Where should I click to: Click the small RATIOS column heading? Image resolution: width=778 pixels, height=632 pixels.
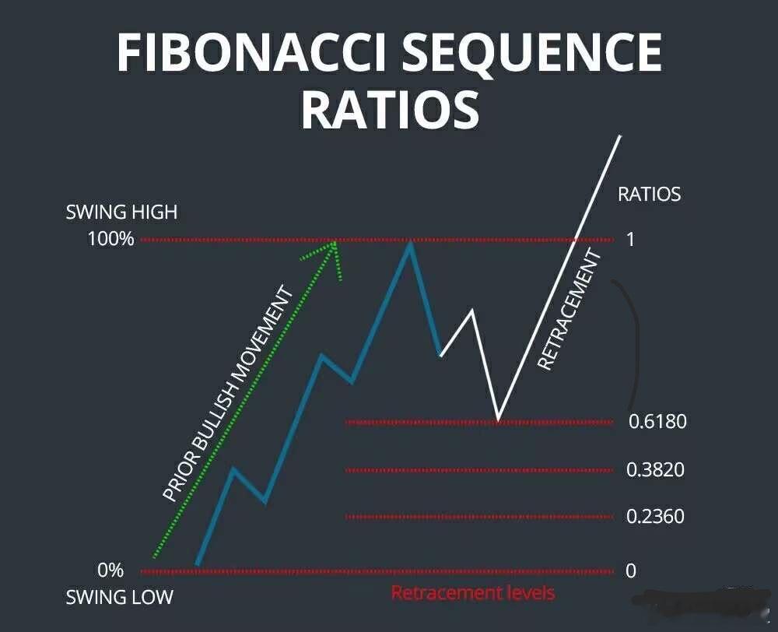pyautogui.click(x=649, y=194)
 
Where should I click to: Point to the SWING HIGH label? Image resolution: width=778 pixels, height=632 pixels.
pyautogui.click(x=121, y=212)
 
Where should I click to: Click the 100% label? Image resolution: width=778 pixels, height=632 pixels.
pyautogui.click(x=110, y=239)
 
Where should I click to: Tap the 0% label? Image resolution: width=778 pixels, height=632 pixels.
pyautogui.click(x=110, y=571)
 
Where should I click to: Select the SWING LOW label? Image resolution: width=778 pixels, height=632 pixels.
pyautogui.click(x=119, y=598)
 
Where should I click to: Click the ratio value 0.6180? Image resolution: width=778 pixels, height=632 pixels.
pyautogui.click(x=657, y=422)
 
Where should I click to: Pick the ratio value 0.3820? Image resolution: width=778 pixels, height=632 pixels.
pyautogui.click(x=656, y=469)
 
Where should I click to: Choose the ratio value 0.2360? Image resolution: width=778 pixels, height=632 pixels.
pyautogui.click(x=656, y=516)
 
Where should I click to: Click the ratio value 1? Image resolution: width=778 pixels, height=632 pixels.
pyautogui.click(x=630, y=239)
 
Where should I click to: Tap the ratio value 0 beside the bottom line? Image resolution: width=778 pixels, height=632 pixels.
pyautogui.click(x=630, y=571)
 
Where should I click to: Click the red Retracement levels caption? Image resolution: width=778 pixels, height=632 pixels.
pyautogui.click(x=473, y=593)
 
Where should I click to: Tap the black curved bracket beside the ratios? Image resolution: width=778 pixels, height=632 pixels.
pyautogui.click(x=634, y=342)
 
